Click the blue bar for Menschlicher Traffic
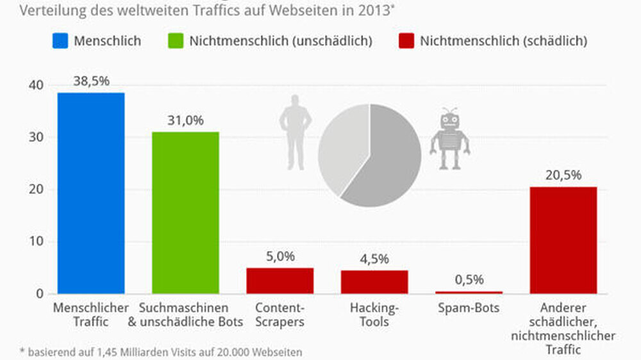point(91,193)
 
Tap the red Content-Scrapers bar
point(280,281)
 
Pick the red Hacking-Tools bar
point(374,282)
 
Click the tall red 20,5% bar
point(563,240)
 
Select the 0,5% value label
point(469,279)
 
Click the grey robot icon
point(449,139)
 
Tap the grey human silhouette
point(295,132)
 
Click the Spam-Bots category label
point(469,307)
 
